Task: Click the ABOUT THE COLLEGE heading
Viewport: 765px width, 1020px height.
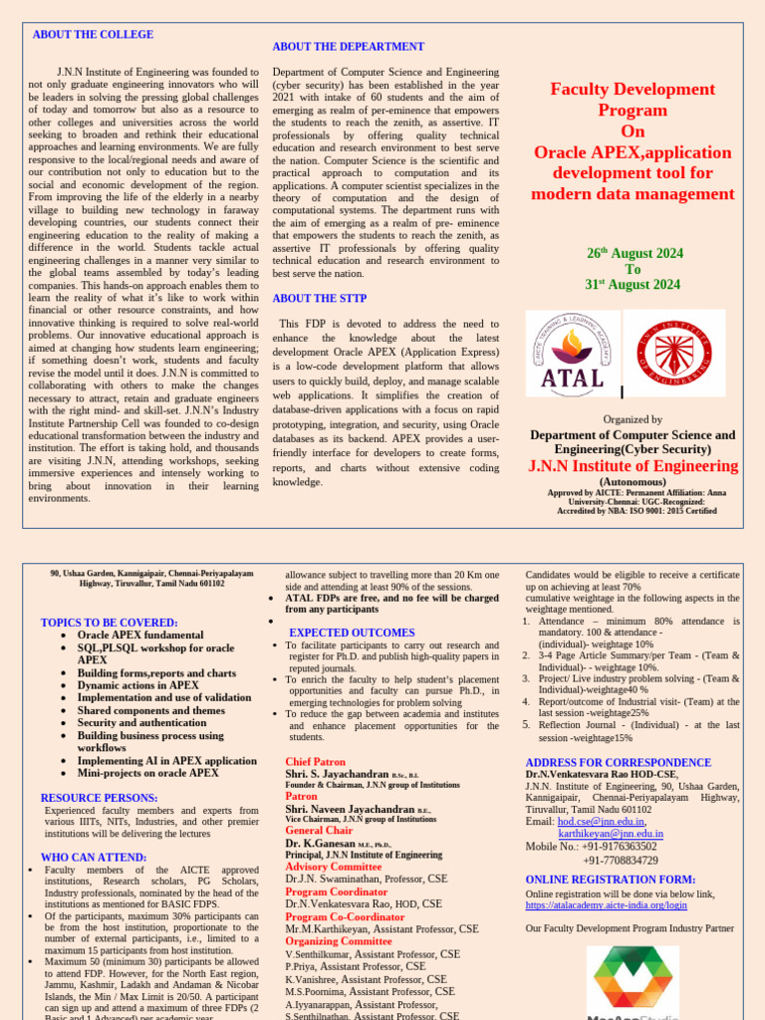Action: pos(93,35)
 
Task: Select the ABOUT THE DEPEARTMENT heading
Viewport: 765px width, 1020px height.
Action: pos(348,47)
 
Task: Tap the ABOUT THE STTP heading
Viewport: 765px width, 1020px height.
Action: pos(319,298)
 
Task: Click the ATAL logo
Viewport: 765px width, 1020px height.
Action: pos(571,354)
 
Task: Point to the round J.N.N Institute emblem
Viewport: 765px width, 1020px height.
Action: pos(673,354)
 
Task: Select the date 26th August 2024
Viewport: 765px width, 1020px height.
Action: pos(634,254)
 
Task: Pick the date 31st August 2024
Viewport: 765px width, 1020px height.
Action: pos(633,285)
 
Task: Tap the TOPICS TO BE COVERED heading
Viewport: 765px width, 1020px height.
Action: pos(109,623)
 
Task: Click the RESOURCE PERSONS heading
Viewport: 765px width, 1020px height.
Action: pos(100,798)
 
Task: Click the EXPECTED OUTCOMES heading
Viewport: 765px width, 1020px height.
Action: pos(352,633)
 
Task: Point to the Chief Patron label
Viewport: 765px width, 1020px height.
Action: pos(316,761)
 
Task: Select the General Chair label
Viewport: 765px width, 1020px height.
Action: pos(319,830)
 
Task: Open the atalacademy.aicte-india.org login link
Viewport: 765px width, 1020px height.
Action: pos(606,905)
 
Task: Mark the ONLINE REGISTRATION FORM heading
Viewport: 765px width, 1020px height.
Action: pos(610,880)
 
